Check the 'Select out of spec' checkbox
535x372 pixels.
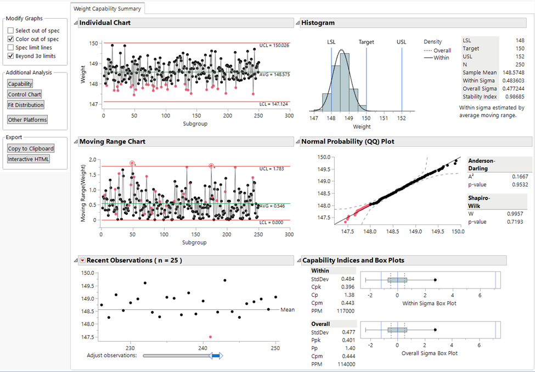click(x=10, y=31)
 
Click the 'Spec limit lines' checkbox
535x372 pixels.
click(x=10, y=48)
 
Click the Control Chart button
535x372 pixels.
click(x=25, y=95)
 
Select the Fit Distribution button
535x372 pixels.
click(x=26, y=105)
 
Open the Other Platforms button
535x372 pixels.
click(x=27, y=120)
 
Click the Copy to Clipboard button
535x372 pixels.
click(x=31, y=149)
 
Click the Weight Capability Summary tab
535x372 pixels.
click(x=107, y=8)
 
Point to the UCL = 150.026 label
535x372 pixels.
click(x=274, y=46)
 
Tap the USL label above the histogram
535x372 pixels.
click(x=402, y=42)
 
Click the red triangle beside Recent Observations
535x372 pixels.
click(x=82, y=260)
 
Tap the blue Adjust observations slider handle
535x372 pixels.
click(x=216, y=356)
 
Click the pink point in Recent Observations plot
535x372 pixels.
click(x=210, y=337)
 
